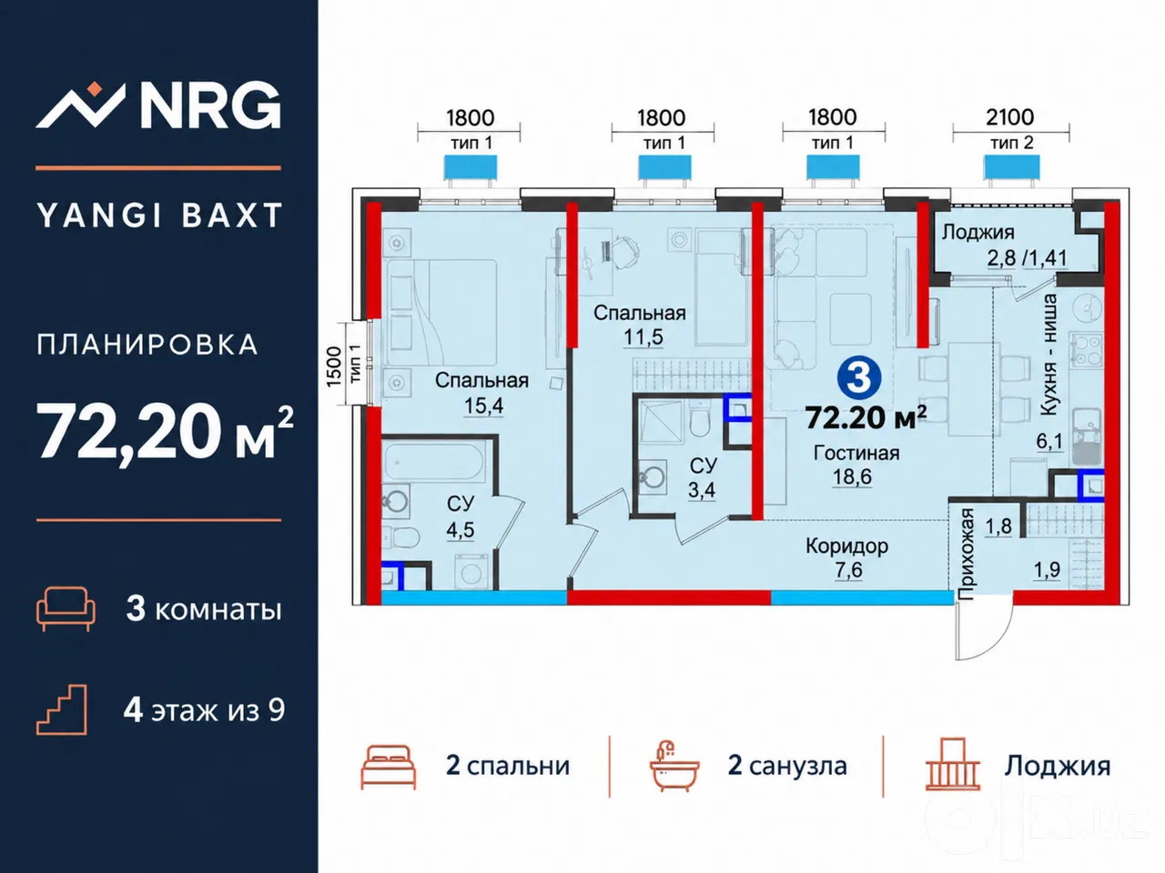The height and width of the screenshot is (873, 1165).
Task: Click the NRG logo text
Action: [210, 105]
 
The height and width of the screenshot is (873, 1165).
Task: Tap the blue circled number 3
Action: [859, 377]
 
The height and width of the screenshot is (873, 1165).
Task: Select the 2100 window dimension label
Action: [1010, 117]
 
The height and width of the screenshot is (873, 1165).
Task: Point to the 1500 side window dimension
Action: [334, 366]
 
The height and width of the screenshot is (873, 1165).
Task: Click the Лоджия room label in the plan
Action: [978, 233]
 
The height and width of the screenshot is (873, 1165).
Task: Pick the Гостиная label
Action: [856, 453]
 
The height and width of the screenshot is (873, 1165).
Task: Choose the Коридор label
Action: [847, 546]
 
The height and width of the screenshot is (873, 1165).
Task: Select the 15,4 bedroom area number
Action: [483, 406]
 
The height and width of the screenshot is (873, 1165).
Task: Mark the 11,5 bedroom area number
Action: [643, 337]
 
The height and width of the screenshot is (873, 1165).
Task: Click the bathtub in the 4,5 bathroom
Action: [434, 462]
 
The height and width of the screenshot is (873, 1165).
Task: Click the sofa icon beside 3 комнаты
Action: [66, 608]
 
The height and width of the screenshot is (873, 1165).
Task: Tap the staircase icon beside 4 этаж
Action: [62, 709]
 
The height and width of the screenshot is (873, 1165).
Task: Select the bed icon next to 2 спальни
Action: [388, 767]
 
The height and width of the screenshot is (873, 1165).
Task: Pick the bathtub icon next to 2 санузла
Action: [674, 767]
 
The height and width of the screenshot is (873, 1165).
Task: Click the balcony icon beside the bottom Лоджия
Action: [953, 765]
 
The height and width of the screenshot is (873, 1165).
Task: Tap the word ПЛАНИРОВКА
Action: [147, 345]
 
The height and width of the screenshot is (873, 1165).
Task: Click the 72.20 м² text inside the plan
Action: [866, 417]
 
